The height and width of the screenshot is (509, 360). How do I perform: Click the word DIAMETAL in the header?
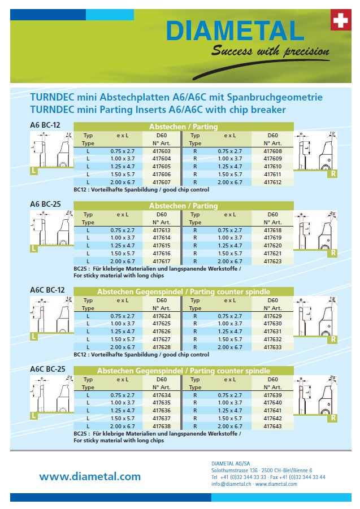click(236, 31)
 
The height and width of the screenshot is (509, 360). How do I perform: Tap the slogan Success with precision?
click(270, 52)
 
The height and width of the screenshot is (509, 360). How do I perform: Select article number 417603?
click(162, 151)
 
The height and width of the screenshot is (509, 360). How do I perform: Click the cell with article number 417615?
click(162, 246)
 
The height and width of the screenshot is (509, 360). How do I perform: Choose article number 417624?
click(162, 316)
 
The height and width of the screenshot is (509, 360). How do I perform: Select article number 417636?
click(162, 410)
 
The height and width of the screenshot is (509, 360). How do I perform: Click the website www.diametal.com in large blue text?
click(90, 476)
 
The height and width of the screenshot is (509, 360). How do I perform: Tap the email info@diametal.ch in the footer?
click(231, 484)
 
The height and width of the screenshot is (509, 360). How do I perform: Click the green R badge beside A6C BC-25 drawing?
click(333, 417)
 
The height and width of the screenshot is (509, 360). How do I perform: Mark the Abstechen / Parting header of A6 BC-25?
click(183, 206)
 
